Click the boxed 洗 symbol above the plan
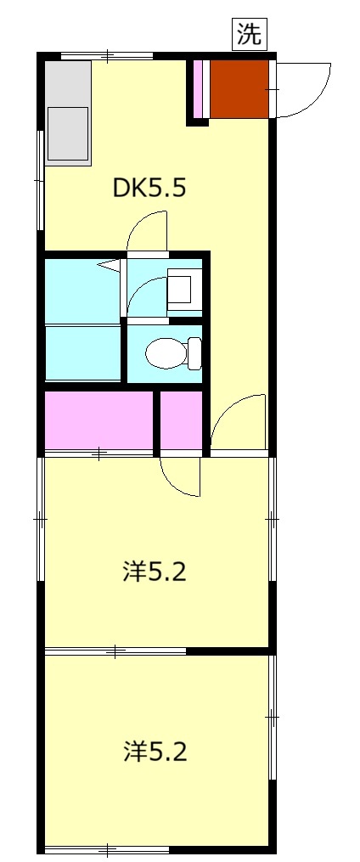pos(250,35)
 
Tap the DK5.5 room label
pos(149,188)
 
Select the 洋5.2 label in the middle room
pos(155,572)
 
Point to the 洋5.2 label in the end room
pos(155,752)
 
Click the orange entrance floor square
pos(239,87)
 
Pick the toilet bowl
pos(166,351)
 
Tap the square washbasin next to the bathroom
pos(183,290)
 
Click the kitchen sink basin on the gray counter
pos(69,133)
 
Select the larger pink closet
pos(98,419)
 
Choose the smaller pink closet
pos(182,419)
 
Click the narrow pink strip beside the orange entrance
pos(200,87)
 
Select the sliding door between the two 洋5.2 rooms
pos(116,651)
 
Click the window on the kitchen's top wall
pos(109,56)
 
